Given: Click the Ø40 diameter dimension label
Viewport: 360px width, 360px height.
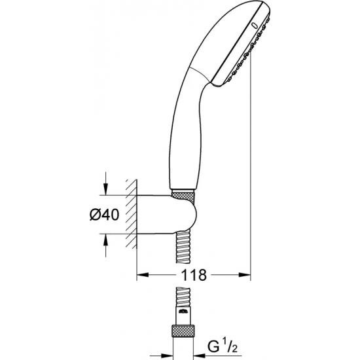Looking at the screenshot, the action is [x=105, y=215].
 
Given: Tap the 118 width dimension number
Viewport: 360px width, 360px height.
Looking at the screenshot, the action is [x=194, y=275].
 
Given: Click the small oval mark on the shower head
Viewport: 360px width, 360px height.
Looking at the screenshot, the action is [x=254, y=26].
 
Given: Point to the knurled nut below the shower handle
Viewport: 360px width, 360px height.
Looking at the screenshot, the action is [x=183, y=198].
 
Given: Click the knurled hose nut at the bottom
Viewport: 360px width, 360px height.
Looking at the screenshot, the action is [x=183, y=331].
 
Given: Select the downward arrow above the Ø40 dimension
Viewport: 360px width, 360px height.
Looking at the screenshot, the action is [x=105, y=183].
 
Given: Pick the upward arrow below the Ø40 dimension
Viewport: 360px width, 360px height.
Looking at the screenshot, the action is [x=105, y=245].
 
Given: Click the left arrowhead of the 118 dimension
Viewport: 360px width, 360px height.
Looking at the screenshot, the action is [x=143, y=275].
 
